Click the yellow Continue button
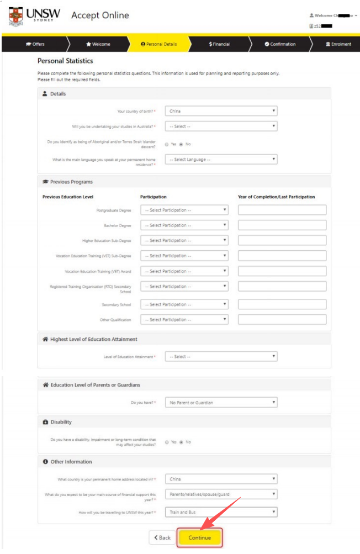[199, 537]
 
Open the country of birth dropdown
[221, 111]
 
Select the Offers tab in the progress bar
[35, 44]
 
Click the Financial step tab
[219, 44]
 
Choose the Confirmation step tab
[280, 44]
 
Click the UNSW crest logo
[16, 17]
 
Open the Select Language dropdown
[221, 160]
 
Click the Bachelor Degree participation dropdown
[184, 225]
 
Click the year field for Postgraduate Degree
[282, 210]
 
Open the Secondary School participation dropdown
[184, 304]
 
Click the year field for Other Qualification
[282, 320]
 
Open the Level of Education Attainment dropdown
[221, 357]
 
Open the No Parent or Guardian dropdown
[221, 403]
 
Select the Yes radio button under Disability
[167, 442]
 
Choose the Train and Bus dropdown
[221, 513]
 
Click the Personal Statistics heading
[65, 61]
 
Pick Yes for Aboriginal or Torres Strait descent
[167, 144]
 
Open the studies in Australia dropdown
[221, 126]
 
